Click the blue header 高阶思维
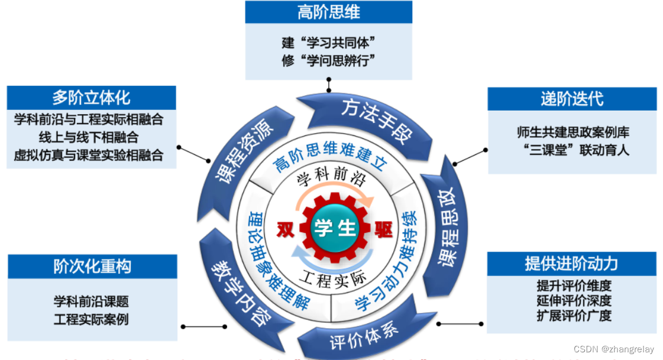pos(329,12)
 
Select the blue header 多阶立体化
pos(91,98)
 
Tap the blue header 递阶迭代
pos(572,99)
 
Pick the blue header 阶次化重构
pos(92,267)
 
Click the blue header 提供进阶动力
pos(571,264)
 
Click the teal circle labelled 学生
pos(335,228)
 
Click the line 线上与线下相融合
pos(89,137)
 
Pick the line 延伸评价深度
pos(574,300)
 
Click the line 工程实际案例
pos(91,319)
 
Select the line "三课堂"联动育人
pos(573,149)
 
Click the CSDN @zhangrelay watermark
pos(619,349)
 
